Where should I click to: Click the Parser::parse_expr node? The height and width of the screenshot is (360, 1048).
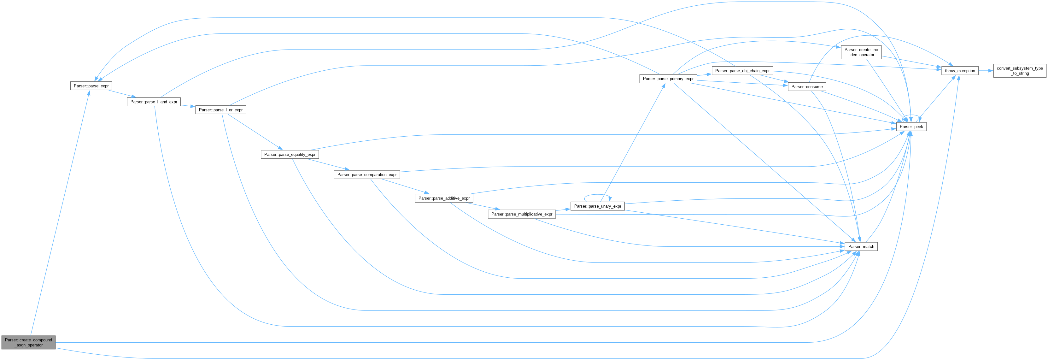point(91,86)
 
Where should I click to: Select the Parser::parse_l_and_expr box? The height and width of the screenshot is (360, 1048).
point(154,102)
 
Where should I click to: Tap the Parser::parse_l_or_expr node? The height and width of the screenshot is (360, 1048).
point(220,110)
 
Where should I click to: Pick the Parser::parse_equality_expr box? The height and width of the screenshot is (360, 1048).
point(290,155)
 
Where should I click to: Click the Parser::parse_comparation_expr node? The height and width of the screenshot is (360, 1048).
point(366,174)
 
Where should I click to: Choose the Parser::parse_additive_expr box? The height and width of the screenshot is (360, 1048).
point(444,198)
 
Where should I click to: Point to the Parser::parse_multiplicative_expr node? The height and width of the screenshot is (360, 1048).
point(522,214)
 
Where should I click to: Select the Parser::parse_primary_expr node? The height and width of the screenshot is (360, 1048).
point(668,79)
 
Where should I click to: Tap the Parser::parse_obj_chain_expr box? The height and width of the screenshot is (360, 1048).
point(742,71)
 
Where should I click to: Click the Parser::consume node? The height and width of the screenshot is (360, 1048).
point(807,87)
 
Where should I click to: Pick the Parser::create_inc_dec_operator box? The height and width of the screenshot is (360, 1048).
point(861,52)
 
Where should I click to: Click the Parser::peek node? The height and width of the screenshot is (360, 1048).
point(911,127)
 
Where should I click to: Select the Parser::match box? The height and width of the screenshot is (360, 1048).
point(861,246)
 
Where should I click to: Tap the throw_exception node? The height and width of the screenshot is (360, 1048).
point(960,71)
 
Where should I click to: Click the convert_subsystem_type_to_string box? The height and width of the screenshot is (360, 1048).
point(1020,71)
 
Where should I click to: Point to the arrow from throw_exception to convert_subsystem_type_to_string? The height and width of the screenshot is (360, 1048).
point(985,71)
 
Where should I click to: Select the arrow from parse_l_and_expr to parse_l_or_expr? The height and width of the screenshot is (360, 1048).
point(188,106)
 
